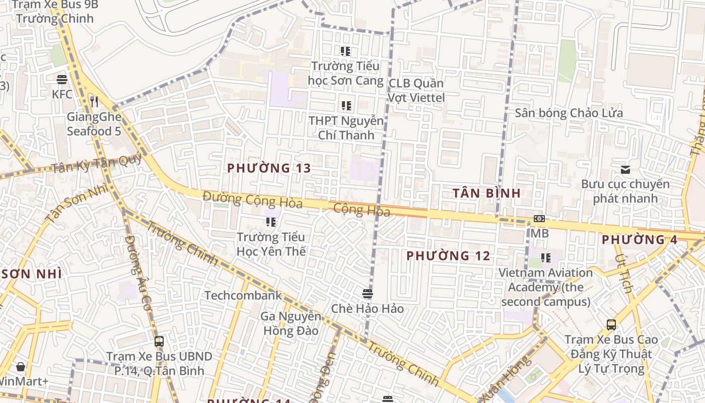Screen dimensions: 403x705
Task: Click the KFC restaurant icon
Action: click(62, 79)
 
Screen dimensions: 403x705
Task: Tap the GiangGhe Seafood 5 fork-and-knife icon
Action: click(94, 102)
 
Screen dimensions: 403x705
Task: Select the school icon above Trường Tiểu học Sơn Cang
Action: click(345, 51)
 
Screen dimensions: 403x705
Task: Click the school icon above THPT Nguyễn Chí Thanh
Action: click(346, 106)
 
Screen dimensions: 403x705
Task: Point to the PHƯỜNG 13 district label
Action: click(269, 168)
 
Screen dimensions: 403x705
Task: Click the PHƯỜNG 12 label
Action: click(448, 256)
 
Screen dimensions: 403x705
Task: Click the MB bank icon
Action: click(539, 219)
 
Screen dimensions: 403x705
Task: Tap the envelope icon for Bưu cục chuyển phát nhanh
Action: click(625, 170)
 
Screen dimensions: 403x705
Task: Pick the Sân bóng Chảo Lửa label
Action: click(569, 113)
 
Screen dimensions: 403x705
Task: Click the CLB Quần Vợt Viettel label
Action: click(416, 90)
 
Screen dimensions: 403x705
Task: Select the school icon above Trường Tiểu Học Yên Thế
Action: click(271, 222)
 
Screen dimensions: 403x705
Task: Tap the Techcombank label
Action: click(243, 295)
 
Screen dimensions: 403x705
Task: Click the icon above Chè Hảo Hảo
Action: click(367, 293)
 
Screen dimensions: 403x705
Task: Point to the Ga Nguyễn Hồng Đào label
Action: click(291, 323)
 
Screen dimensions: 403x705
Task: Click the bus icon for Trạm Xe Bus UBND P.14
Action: click(159, 341)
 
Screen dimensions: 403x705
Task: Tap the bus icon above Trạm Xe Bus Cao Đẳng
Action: click(611, 325)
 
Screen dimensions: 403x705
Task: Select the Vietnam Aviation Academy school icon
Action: click(546, 258)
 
